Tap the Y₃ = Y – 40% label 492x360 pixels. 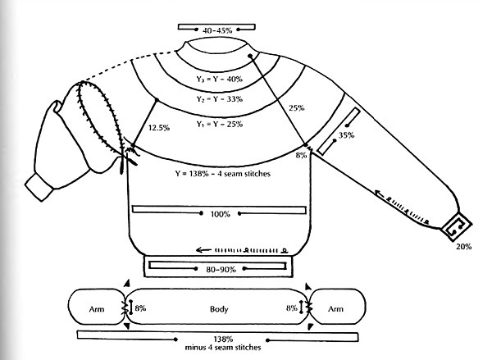(222, 80)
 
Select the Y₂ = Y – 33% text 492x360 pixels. (222, 102)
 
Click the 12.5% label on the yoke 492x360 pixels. (159, 127)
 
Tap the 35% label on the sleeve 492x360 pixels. (347, 134)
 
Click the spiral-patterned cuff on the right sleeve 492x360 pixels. (453, 223)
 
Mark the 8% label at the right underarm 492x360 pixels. (302, 155)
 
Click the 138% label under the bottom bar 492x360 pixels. (222, 339)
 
